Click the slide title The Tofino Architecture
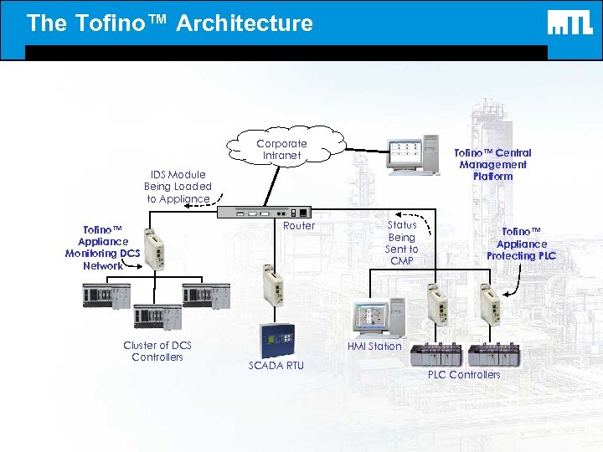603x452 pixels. tap(169, 23)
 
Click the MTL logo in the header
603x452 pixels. tap(569, 23)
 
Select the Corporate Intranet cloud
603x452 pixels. tap(282, 148)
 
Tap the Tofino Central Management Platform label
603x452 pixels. tap(492, 164)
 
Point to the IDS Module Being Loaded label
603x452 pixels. tap(178, 187)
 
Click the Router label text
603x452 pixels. tap(299, 226)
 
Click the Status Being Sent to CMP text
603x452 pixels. tap(401, 243)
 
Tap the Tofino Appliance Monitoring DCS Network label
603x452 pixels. tap(102, 247)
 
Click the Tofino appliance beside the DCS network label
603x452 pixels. tap(155, 249)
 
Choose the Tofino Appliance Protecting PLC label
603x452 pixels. tap(521, 243)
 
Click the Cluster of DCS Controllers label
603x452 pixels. tap(157, 351)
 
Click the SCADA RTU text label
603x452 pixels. tap(276, 365)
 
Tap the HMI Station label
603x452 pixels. tap(374, 346)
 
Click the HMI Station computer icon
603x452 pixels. tap(379, 316)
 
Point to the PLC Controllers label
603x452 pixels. tap(463, 374)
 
